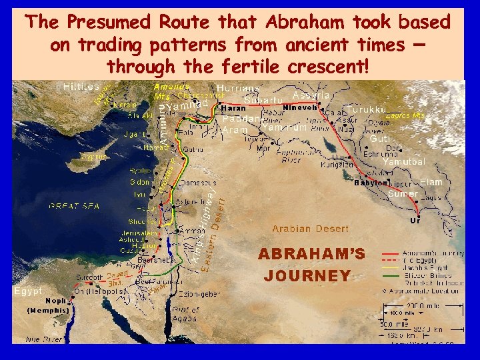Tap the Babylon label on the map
click(x=371, y=183)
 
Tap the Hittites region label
click(x=81, y=87)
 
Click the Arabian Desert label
click(x=309, y=229)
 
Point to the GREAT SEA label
click(x=70, y=207)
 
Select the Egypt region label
click(x=29, y=291)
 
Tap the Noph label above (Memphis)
click(x=55, y=301)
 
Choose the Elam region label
click(x=431, y=182)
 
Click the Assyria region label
click(x=311, y=95)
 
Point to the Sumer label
click(x=403, y=193)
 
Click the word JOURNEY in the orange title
click(x=307, y=275)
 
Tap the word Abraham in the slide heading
click(x=296, y=22)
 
